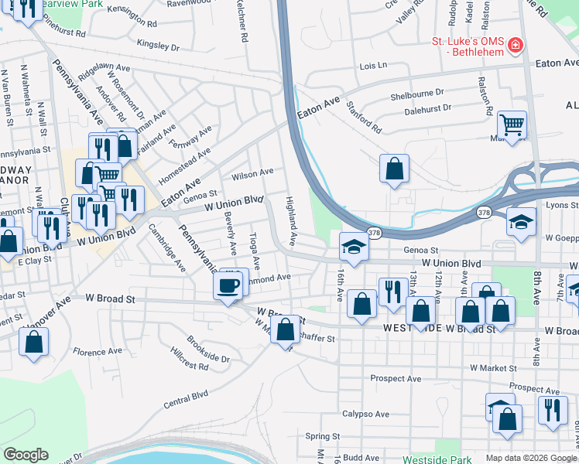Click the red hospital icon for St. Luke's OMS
pos(513,47)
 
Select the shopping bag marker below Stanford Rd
pos(394,167)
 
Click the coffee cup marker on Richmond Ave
pos(228,286)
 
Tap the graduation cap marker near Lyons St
pos(521,221)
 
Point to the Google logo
pos(26,455)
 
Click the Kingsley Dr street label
pos(158,44)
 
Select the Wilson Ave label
pos(258,172)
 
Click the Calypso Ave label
pos(365,414)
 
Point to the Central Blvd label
pos(186,399)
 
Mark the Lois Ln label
pos(372,67)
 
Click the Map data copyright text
pos(531,458)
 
